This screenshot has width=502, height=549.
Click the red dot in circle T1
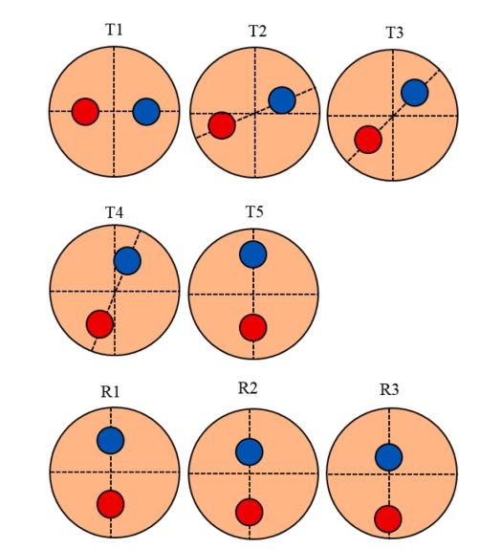click(85, 112)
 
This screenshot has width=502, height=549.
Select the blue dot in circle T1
click(146, 112)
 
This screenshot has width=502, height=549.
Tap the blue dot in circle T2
click(282, 100)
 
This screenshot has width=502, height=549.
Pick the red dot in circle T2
click(222, 125)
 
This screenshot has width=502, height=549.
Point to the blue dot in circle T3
click(414, 93)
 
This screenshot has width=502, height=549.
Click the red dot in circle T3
click(368, 140)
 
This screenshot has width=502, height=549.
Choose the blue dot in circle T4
click(127, 261)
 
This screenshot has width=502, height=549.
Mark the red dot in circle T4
click(99, 324)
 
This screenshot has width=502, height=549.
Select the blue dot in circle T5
click(253, 254)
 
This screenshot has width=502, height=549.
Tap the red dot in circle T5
click(253, 327)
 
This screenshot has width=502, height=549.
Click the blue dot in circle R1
click(111, 440)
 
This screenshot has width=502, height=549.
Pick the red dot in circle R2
click(250, 513)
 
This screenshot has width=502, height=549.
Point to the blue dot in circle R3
click(388, 457)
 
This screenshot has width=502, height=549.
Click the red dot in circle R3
click(388, 519)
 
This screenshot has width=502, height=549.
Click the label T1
click(114, 30)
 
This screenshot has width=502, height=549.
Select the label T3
click(395, 33)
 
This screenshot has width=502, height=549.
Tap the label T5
click(254, 211)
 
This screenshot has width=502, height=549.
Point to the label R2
click(248, 388)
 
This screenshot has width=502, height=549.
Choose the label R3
click(389, 389)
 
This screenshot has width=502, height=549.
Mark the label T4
click(114, 212)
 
